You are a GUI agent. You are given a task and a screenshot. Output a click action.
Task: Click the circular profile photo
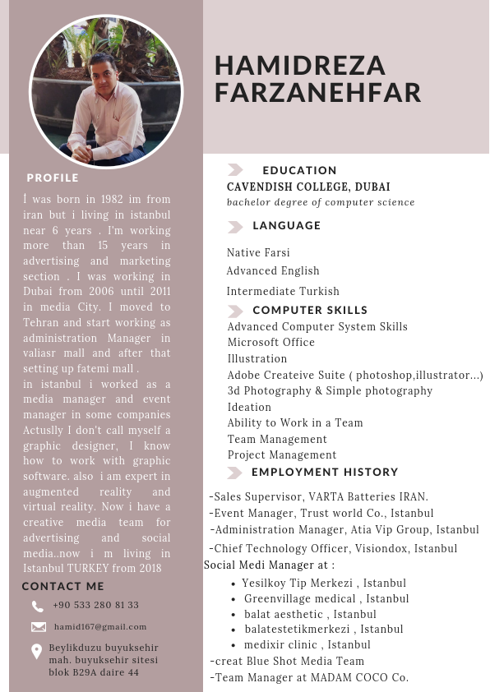pyautogui.click(x=106, y=92)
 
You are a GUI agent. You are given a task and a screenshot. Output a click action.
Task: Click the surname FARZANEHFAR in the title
pyautogui.click(x=317, y=93)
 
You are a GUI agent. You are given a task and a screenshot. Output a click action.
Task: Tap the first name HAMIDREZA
pyautogui.click(x=299, y=65)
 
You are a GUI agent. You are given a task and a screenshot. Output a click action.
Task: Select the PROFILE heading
pyautogui.click(x=53, y=178)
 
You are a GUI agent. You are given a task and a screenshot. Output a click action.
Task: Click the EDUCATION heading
pyautogui.click(x=299, y=170)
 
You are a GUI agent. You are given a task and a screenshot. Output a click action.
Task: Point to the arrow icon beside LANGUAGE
pyautogui.click(x=235, y=226)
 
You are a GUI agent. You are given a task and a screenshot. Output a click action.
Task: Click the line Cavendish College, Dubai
pyautogui.click(x=308, y=187)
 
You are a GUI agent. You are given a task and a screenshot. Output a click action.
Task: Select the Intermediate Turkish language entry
pyautogui.click(x=283, y=291)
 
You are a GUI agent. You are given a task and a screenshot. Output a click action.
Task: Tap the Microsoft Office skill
pyautogui.click(x=271, y=342)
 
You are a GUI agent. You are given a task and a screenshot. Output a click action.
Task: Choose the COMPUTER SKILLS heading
pyautogui.click(x=310, y=310)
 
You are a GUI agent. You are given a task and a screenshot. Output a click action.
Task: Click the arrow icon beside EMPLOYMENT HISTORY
pyautogui.click(x=234, y=473)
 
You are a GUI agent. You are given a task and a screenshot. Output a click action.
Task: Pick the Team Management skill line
pyautogui.click(x=277, y=439)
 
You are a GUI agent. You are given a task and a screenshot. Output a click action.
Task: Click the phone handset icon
pyautogui.click(x=38, y=607)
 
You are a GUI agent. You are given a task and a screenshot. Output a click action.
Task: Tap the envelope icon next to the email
pyautogui.click(x=38, y=626)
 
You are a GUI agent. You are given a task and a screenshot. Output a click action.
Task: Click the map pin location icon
pyautogui.click(x=37, y=652)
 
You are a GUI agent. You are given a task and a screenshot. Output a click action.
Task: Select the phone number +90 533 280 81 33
pyautogui.click(x=95, y=605)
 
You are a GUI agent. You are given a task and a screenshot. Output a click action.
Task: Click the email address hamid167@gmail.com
pyautogui.click(x=100, y=626)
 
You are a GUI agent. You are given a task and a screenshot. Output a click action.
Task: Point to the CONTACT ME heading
pyautogui.click(x=63, y=586)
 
